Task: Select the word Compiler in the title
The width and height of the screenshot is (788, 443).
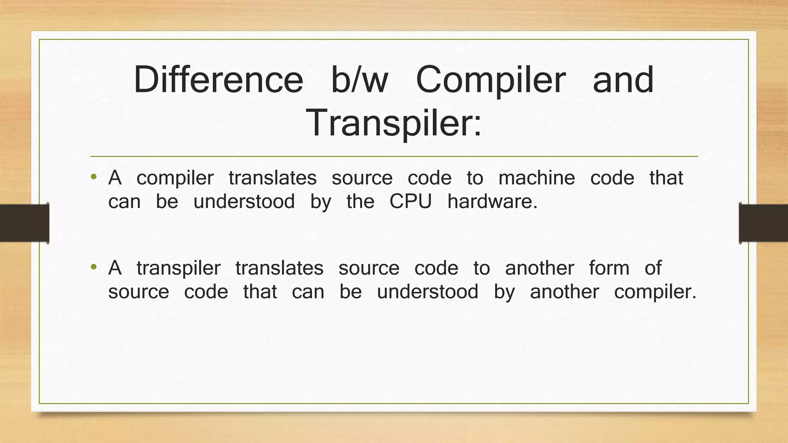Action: click(x=491, y=81)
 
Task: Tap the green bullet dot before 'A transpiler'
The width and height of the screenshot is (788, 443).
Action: click(x=93, y=267)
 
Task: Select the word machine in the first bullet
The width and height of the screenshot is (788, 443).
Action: click(x=537, y=178)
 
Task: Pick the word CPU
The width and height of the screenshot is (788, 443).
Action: click(x=411, y=201)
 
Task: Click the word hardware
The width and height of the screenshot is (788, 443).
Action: click(x=492, y=201)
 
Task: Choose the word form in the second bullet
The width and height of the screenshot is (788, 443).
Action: click(x=609, y=268)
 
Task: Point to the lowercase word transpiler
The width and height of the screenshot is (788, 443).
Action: click(x=179, y=268)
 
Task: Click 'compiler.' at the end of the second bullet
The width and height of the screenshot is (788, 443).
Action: click(x=655, y=292)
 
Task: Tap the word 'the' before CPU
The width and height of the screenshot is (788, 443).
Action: click(x=360, y=201)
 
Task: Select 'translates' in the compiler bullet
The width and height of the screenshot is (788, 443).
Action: click(x=272, y=178)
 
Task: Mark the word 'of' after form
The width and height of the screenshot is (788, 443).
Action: click(x=653, y=268)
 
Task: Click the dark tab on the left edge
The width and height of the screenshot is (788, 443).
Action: click(x=24, y=223)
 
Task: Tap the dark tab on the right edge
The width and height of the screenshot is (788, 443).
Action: click(x=763, y=223)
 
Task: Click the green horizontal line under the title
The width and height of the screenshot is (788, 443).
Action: click(x=394, y=157)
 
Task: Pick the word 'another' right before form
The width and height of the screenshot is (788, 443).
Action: click(x=539, y=268)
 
